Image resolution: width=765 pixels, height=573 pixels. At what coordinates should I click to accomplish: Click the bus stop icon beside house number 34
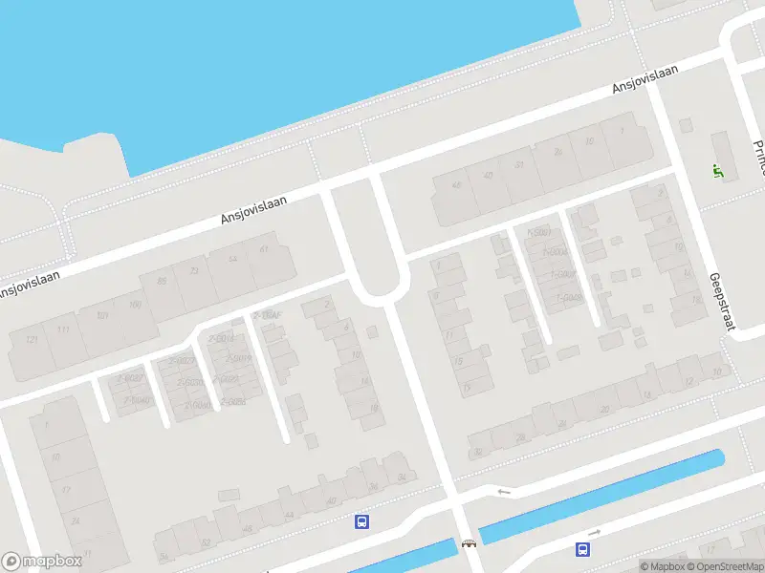pyautogui.click(x=362, y=521)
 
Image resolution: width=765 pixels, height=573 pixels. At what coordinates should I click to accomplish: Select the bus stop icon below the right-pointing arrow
pyautogui.click(x=581, y=549)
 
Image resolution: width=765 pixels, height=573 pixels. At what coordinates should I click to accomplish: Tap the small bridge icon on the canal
pyautogui.click(x=469, y=544)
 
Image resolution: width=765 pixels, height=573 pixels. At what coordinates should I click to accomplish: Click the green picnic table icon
pyautogui.click(x=717, y=171)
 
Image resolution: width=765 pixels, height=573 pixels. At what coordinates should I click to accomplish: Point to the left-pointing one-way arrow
pyautogui.click(x=504, y=492)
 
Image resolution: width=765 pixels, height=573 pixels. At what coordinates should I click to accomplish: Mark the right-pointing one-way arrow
pyautogui.click(x=594, y=532)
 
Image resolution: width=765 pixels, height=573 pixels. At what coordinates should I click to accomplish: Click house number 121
pyautogui.click(x=33, y=340)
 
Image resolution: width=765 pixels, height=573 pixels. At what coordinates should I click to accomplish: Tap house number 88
pyautogui.click(x=162, y=280)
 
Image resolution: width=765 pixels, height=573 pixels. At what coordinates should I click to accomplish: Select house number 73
pyautogui.click(x=195, y=270)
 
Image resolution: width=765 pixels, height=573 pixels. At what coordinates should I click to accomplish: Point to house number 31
pyautogui.click(x=519, y=164)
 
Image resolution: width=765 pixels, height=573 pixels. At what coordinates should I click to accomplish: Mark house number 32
pyautogui.click(x=477, y=452)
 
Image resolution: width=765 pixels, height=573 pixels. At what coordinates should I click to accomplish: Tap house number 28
pyautogui.click(x=521, y=436)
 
